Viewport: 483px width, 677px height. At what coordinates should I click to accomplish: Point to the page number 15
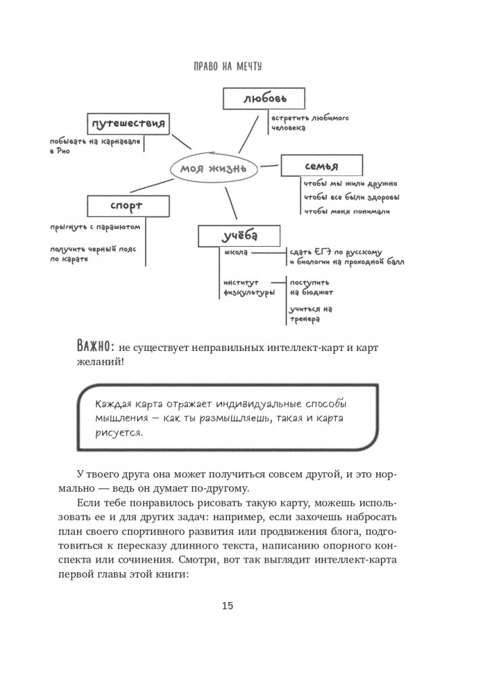point(227,605)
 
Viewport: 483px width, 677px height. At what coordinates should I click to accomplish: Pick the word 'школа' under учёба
point(236,252)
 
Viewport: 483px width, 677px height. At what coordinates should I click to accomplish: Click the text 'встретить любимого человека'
point(300,122)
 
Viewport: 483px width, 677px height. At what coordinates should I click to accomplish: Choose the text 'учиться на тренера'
point(310,313)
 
